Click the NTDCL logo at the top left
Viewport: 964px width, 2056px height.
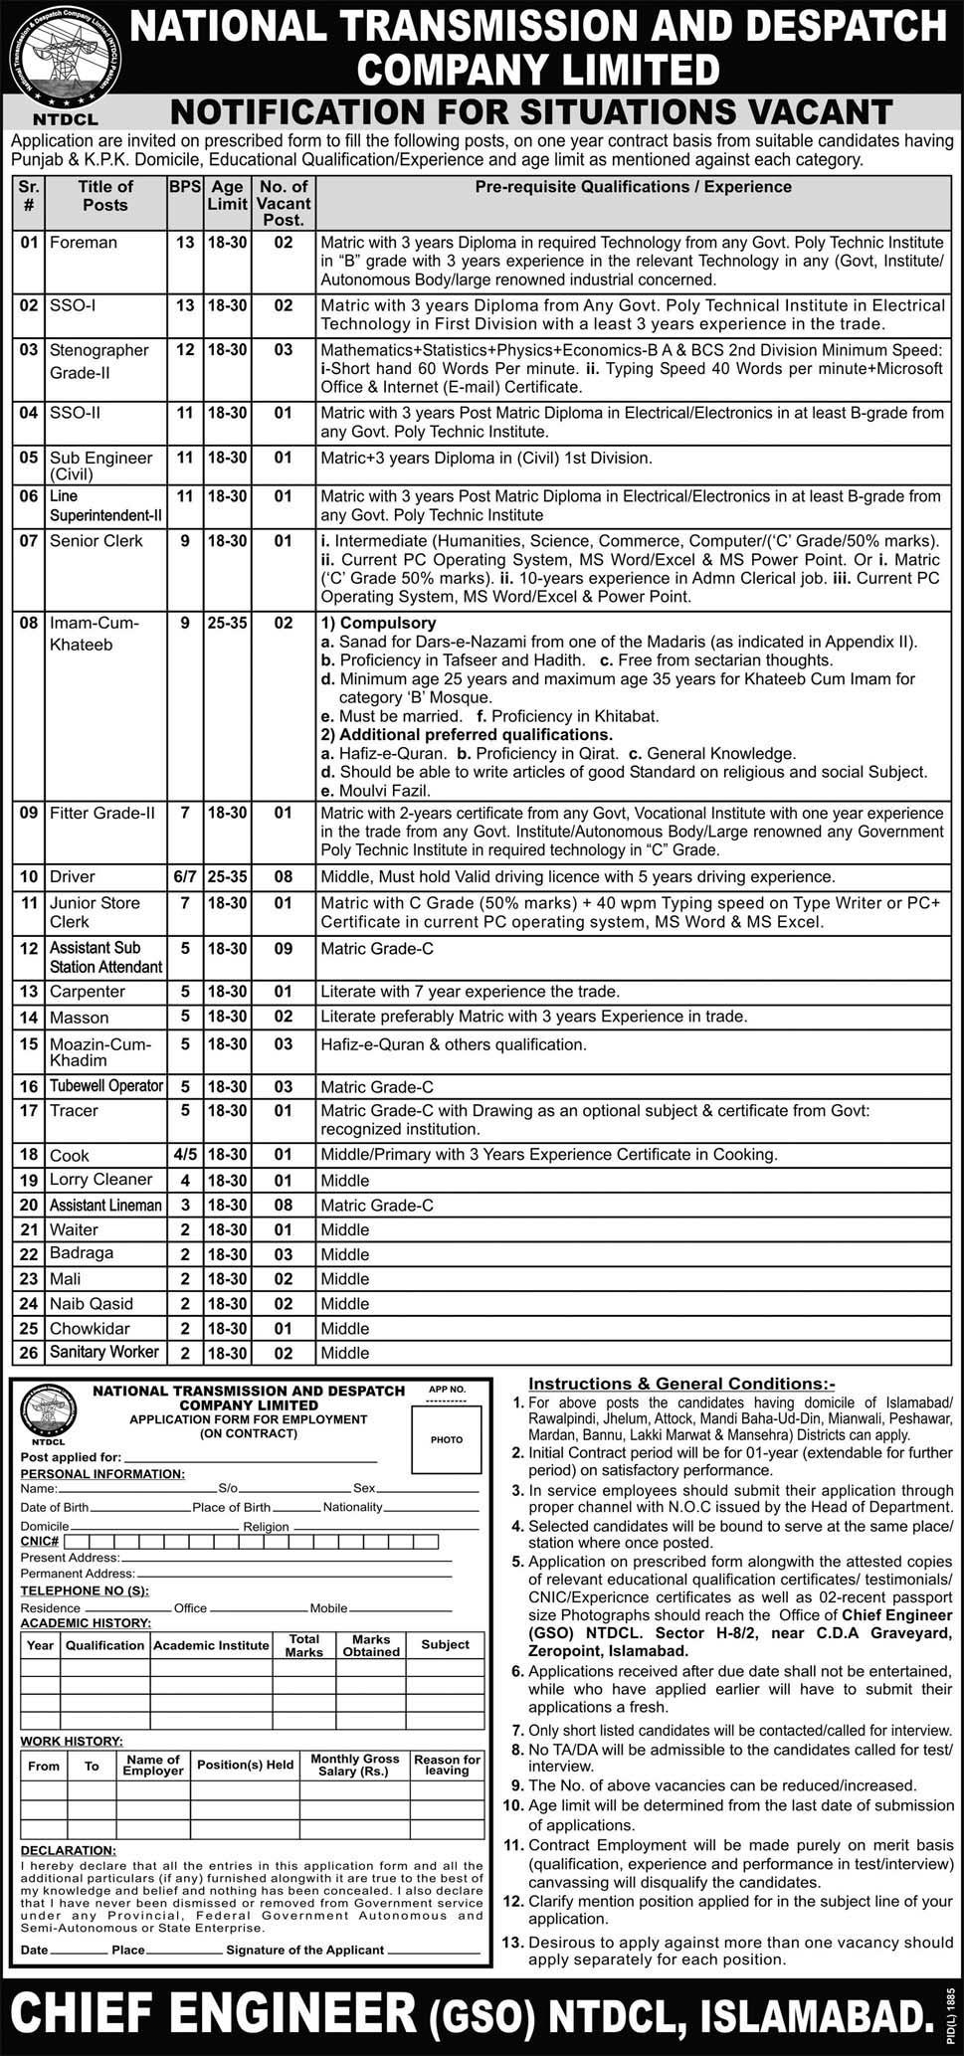tap(63, 63)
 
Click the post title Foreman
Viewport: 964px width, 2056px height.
tap(84, 242)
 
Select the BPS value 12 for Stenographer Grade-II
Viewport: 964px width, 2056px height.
tap(184, 350)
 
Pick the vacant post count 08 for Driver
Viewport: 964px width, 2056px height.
tap(284, 876)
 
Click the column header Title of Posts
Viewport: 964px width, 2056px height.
tap(105, 195)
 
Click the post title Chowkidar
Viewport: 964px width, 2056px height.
tap(93, 1328)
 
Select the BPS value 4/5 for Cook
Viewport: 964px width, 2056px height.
tap(184, 1155)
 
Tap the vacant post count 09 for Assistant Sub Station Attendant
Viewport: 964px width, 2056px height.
tap(284, 949)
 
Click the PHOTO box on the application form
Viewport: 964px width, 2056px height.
tap(446, 1439)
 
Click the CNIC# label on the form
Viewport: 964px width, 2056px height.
tap(41, 1541)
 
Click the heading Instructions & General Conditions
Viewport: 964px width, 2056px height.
tap(681, 1384)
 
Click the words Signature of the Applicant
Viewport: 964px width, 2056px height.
tap(304, 1950)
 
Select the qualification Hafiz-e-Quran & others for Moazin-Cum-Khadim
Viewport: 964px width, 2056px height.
tap(453, 1044)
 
